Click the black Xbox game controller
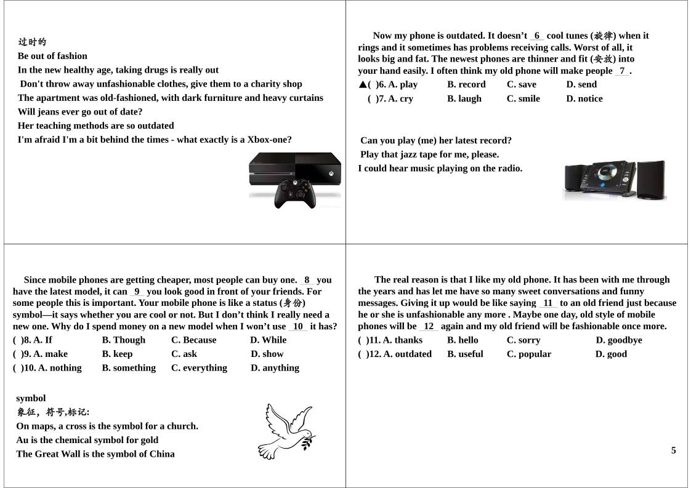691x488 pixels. (295, 193)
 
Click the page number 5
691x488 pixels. (673, 450)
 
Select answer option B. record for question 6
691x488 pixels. (466, 85)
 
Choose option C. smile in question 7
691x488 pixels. (523, 99)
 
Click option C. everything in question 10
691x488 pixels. (199, 368)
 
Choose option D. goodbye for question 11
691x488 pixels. (618, 340)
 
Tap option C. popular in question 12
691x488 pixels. (528, 354)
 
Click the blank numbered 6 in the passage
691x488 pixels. (537, 36)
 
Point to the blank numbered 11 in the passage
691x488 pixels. (548, 303)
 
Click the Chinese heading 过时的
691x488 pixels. (32, 42)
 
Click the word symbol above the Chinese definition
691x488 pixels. (31, 398)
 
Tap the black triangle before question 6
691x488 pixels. (363, 85)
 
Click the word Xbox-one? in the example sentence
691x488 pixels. (269, 140)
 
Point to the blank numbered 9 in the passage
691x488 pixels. (137, 292)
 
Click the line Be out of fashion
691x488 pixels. (52, 56)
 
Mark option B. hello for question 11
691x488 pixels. (463, 340)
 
